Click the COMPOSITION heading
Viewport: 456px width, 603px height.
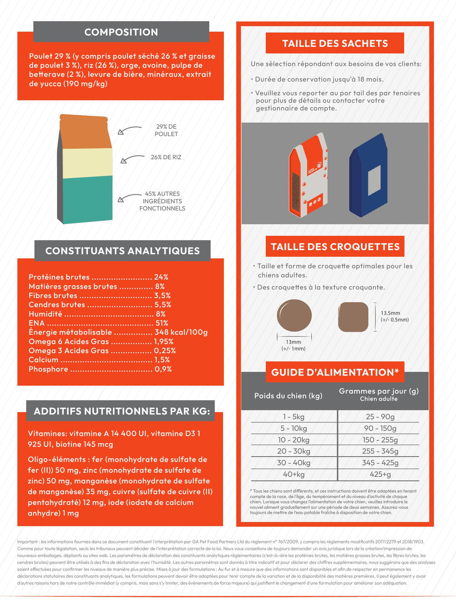[x=121, y=32]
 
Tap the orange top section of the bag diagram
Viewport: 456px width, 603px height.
[x=85, y=133]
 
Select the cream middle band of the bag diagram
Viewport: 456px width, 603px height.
[x=87, y=163]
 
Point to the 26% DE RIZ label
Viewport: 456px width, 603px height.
[x=166, y=157]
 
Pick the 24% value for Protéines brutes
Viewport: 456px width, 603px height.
[x=161, y=277]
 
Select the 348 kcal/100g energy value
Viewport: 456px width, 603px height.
[x=181, y=332]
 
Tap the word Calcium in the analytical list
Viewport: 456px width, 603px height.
[x=44, y=360]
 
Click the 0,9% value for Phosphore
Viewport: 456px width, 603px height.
[x=163, y=369]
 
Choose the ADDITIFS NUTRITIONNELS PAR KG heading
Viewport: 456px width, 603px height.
[x=122, y=411]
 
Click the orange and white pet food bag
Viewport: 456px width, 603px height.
[x=308, y=175]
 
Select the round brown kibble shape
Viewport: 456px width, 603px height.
[x=294, y=316]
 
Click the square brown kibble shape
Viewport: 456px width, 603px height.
[x=353, y=317]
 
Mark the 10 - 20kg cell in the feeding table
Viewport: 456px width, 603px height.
[x=293, y=440]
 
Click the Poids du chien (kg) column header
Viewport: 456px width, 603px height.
[x=288, y=396]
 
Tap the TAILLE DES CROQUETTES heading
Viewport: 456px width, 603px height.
[x=335, y=247]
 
